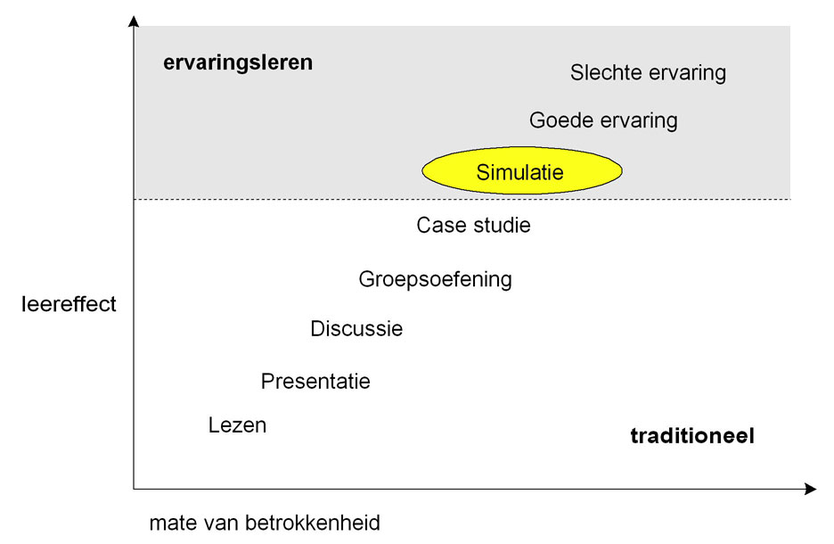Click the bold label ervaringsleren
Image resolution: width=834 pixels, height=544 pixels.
pyautogui.click(x=238, y=63)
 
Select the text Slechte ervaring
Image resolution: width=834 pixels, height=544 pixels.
pyautogui.click(x=648, y=73)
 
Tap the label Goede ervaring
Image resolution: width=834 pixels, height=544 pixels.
pyautogui.click(x=603, y=120)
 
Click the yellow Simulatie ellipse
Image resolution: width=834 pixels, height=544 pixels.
pyautogui.click(x=520, y=171)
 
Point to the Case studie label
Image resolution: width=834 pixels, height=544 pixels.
pyautogui.click(x=473, y=226)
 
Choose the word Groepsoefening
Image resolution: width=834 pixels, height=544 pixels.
pyautogui.click(x=435, y=279)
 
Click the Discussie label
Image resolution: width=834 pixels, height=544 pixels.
pyautogui.click(x=356, y=329)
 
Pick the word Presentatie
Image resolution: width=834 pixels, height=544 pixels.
pyautogui.click(x=315, y=382)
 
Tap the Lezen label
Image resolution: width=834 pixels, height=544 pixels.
pyautogui.click(x=237, y=425)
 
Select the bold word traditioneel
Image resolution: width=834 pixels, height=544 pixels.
pyautogui.click(x=692, y=437)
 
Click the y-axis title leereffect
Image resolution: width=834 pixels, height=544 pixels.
pyautogui.click(x=69, y=305)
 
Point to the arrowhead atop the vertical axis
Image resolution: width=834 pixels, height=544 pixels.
pyautogui.click(x=134, y=20)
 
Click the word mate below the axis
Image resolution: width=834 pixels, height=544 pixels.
pyautogui.click(x=169, y=523)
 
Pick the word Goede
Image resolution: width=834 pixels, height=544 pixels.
pyautogui.click(x=559, y=120)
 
